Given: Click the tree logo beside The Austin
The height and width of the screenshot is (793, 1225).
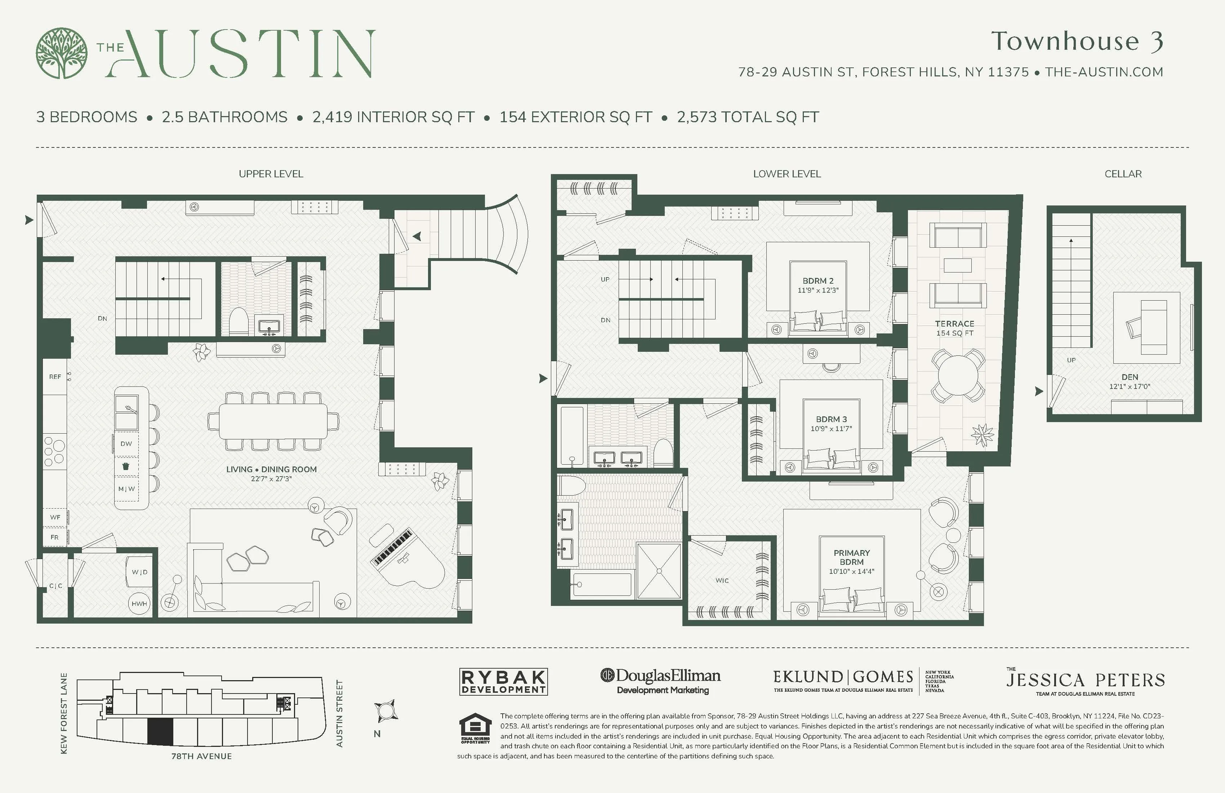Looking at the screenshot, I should click(62, 53).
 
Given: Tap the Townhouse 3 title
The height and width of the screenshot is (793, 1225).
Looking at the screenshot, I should click(1077, 41).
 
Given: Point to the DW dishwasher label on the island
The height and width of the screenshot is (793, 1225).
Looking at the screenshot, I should click(126, 444).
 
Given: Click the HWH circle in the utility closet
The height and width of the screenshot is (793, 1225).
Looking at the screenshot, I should click(139, 603).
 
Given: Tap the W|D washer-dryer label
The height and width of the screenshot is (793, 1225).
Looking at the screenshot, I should click(139, 572).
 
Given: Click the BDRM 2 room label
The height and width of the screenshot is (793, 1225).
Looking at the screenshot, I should click(818, 281).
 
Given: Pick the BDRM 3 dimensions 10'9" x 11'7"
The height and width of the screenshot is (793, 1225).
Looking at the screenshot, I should click(831, 429).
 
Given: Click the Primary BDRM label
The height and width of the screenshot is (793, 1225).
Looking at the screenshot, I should click(851, 557).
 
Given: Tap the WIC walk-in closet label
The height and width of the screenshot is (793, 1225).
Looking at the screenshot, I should click(722, 580).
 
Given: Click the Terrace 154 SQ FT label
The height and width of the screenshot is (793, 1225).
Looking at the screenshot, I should click(954, 328).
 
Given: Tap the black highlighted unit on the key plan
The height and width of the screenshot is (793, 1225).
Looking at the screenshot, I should click(160, 731).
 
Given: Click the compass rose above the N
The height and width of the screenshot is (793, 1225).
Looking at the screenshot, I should click(386, 712).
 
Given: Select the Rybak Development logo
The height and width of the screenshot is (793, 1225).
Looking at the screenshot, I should click(503, 682).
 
